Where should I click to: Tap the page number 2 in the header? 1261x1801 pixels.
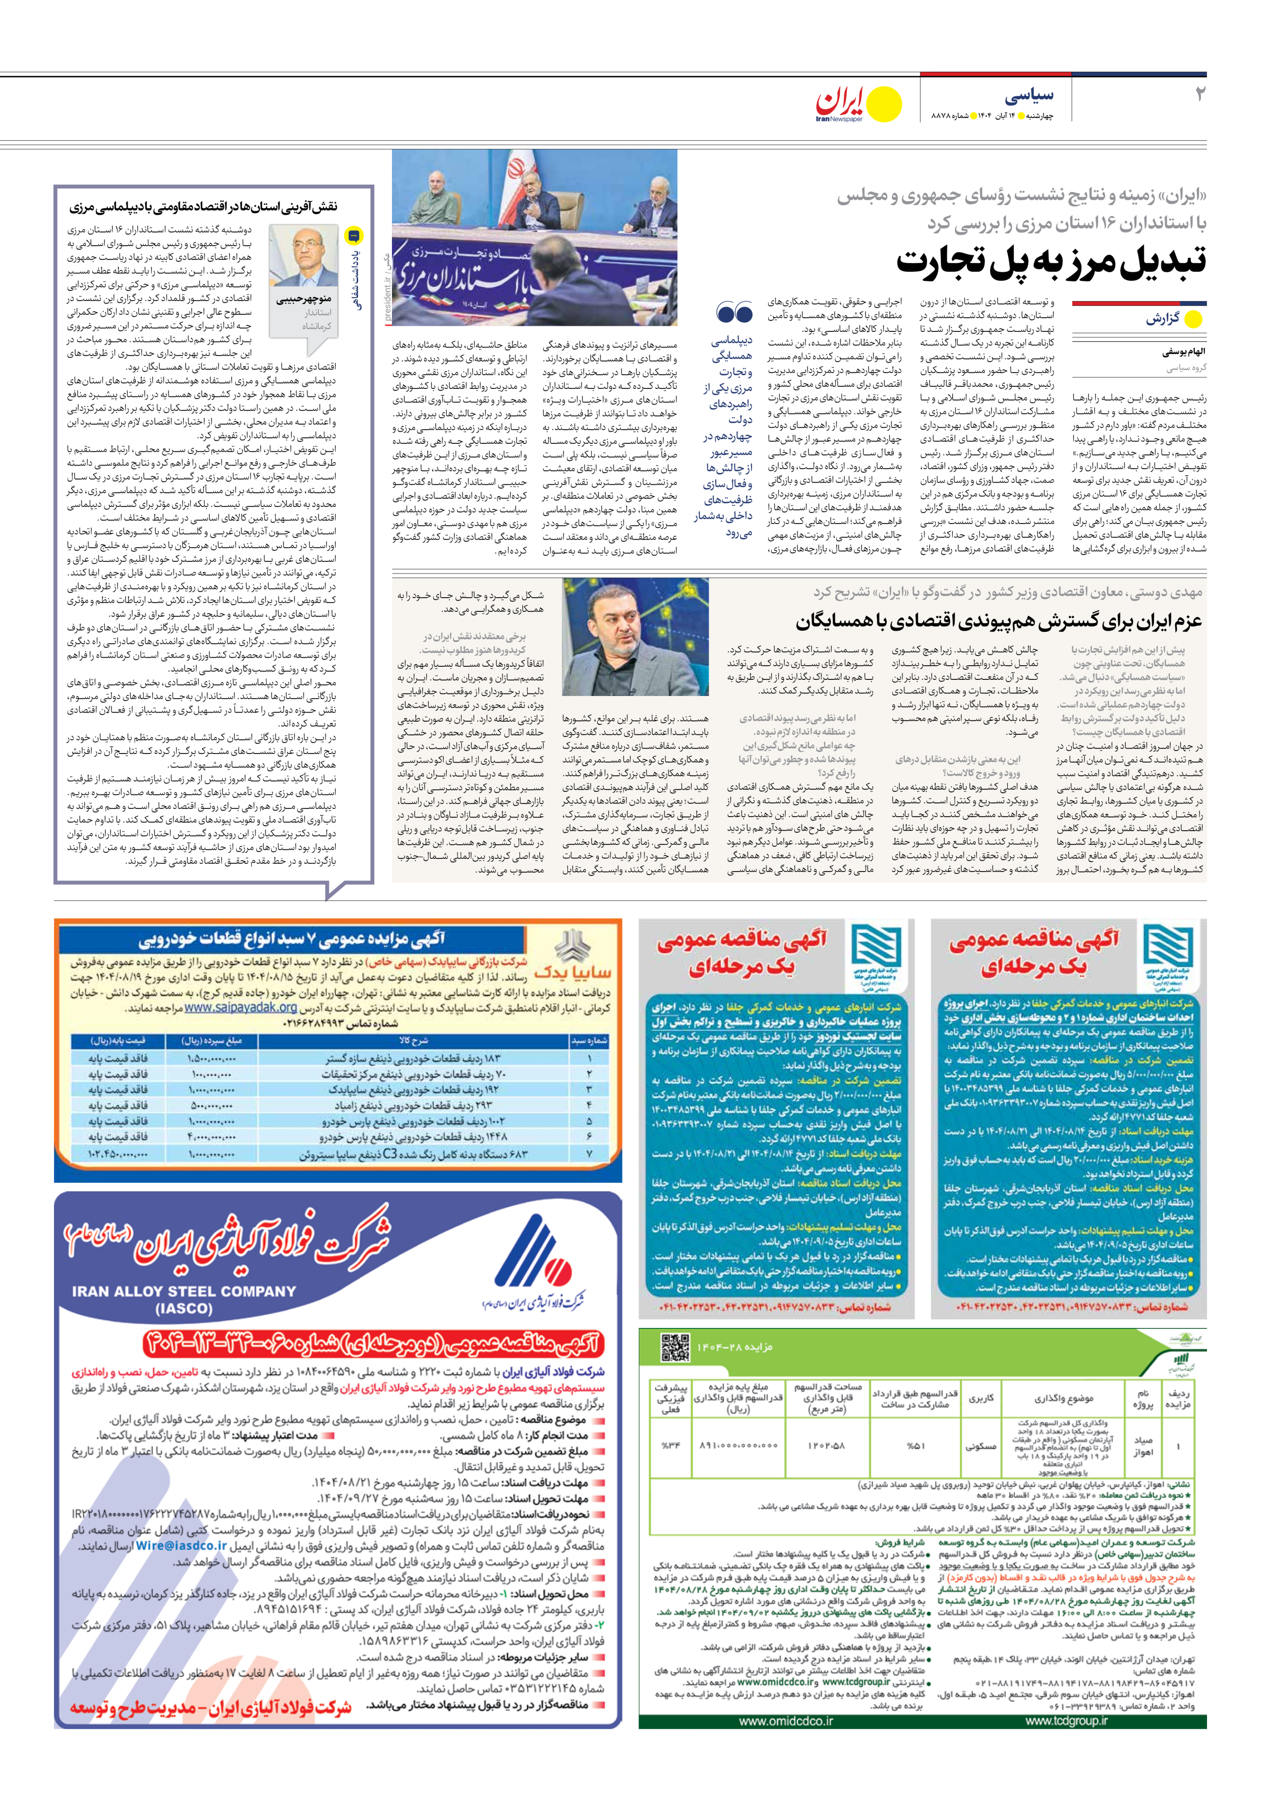pos(1198,94)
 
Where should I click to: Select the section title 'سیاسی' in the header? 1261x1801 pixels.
pos(1029,96)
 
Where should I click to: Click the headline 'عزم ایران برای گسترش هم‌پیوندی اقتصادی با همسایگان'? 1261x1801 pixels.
pos(998,621)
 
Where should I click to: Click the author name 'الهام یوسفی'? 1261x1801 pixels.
pos(1184,353)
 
